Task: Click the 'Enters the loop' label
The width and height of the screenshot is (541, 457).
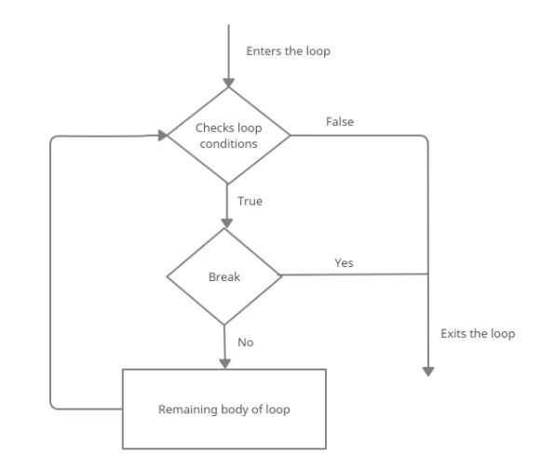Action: [x=288, y=51]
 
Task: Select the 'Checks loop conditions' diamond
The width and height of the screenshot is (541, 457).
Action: [x=228, y=135]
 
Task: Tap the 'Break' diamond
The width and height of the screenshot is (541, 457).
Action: [x=224, y=276]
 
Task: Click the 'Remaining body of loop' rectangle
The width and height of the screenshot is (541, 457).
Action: [x=224, y=409]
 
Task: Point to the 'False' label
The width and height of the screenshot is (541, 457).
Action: [x=339, y=122]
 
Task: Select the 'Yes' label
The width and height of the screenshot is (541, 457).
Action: [x=344, y=263]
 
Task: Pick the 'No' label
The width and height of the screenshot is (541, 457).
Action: [x=246, y=342]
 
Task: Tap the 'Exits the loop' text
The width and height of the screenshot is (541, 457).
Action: [x=477, y=333]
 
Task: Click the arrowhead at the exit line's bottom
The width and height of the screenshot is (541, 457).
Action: [x=428, y=370]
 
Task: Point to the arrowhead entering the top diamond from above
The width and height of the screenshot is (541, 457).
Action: [x=228, y=81]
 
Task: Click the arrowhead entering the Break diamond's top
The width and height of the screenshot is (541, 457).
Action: [x=224, y=222]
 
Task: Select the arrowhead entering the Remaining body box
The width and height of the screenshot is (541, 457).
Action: [x=224, y=363]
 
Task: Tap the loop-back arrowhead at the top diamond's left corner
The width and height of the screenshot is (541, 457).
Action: [x=162, y=135]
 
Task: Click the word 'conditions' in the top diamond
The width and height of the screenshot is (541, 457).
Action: [x=228, y=143]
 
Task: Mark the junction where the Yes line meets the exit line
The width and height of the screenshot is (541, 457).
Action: [x=428, y=275]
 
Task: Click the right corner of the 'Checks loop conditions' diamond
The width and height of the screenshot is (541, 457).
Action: [x=290, y=135]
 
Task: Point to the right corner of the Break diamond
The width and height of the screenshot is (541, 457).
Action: [x=282, y=276]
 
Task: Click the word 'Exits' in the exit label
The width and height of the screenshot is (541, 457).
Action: [x=453, y=333]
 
